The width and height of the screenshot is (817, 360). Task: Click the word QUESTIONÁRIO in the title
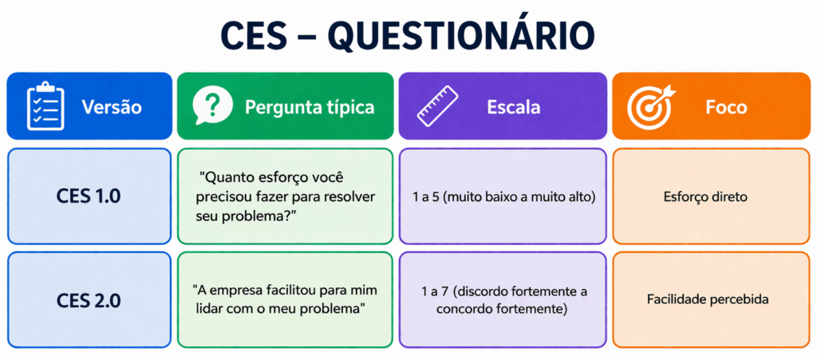461,36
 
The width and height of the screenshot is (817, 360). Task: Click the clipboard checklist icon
45,105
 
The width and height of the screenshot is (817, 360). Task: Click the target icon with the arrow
649,106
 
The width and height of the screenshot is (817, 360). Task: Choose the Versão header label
112,106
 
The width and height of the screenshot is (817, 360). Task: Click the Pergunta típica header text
310,106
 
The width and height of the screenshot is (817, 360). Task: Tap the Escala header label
514,106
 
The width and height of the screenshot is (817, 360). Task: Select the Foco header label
726,106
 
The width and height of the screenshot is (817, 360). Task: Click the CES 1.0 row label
89,196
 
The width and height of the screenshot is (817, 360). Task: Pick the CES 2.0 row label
89,300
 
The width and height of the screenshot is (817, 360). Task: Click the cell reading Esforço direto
705,196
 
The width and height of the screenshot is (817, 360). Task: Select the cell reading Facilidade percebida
708,300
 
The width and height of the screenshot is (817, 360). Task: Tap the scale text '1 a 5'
428,196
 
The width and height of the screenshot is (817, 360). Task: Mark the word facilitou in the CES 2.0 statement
294,291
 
